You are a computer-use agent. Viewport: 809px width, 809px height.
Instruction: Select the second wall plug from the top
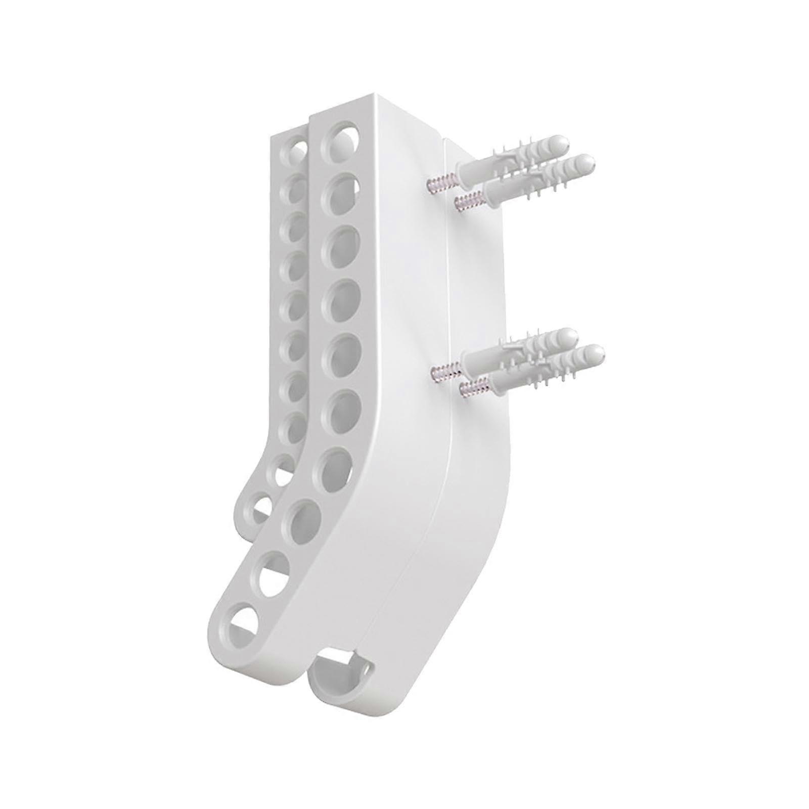(536, 177)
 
